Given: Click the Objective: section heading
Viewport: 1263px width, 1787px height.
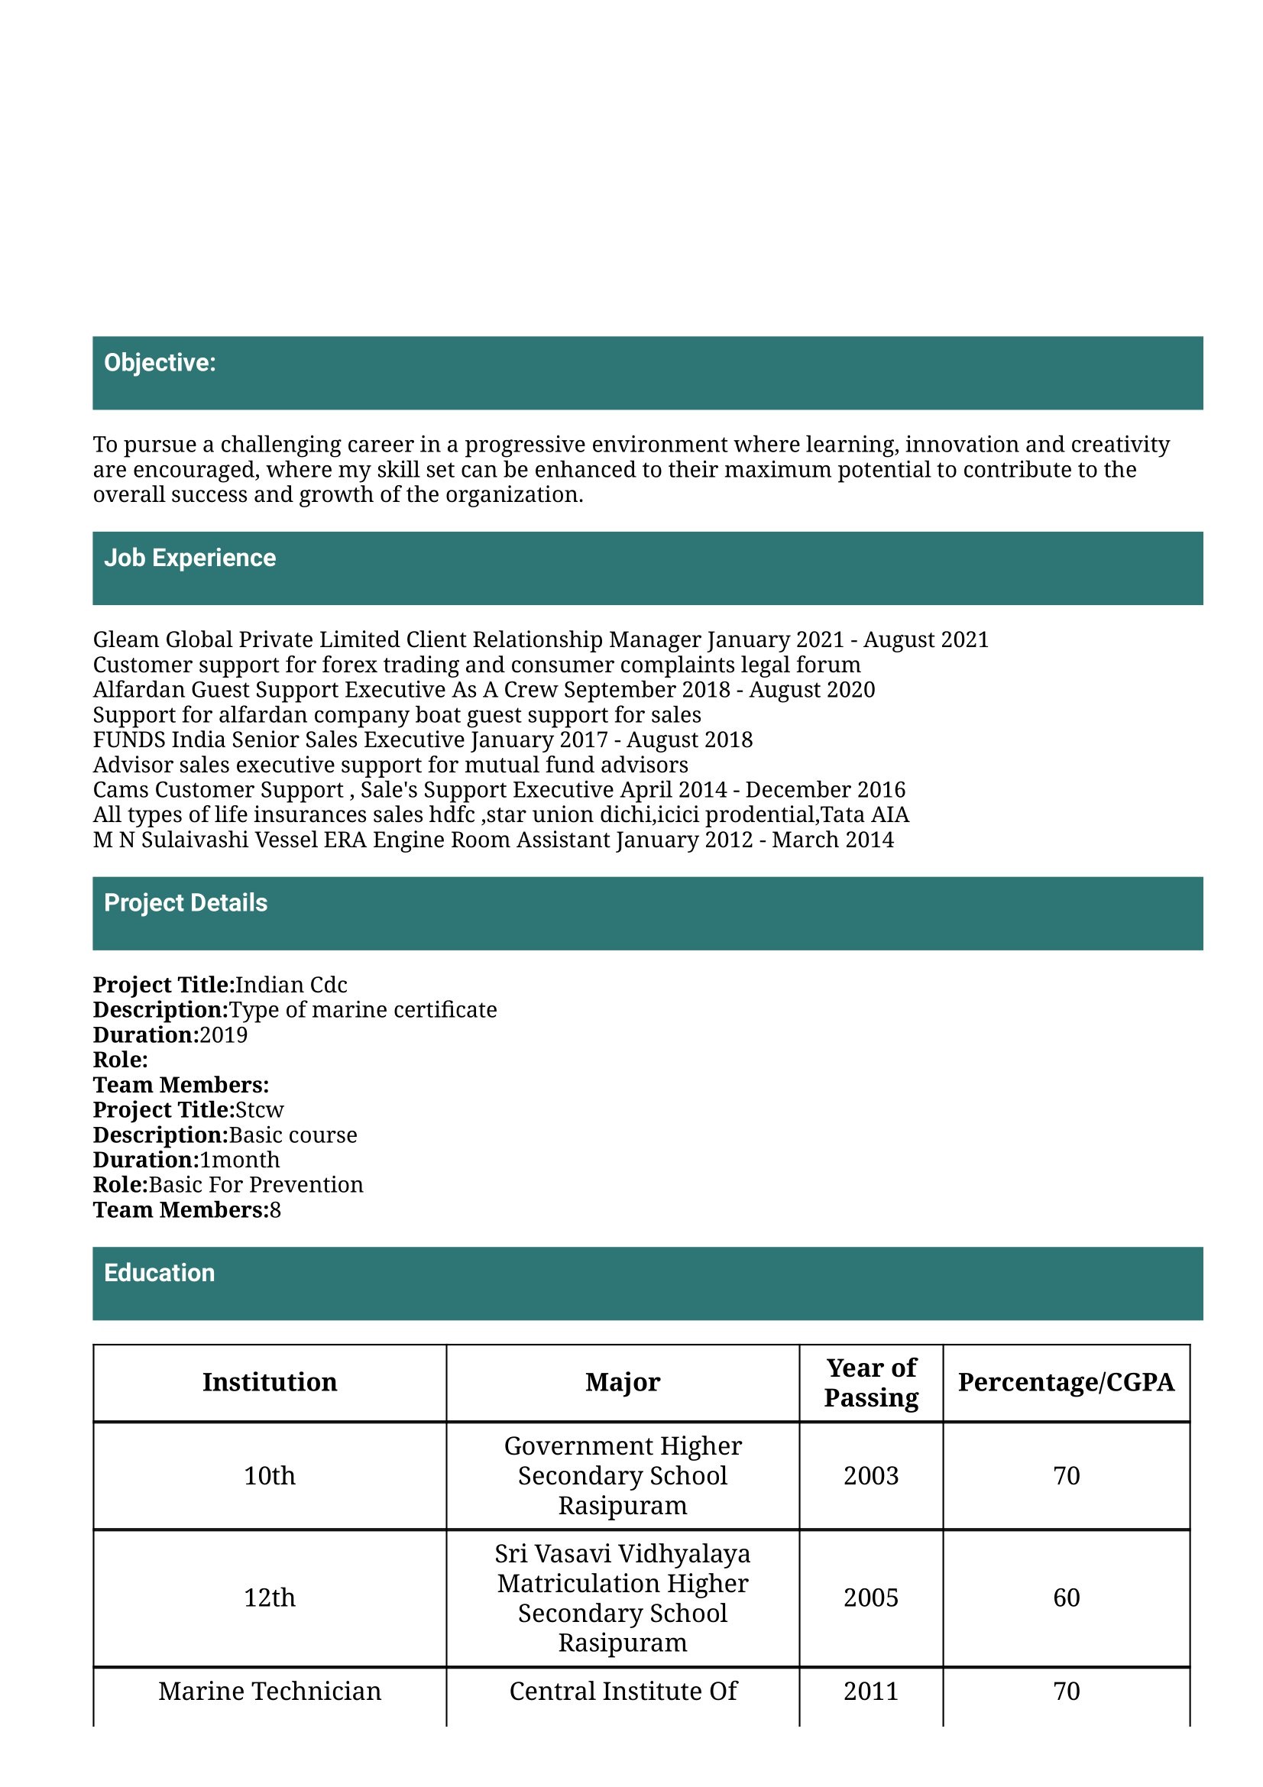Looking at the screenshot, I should (x=160, y=363).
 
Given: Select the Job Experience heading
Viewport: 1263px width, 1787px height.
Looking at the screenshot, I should (x=190, y=558).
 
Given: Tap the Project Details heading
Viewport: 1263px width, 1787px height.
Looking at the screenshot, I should (x=185, y=903).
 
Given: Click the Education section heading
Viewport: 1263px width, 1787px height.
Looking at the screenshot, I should (x=160, y=1273).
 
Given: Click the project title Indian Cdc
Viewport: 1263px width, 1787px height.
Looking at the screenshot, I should (x=291, y=986).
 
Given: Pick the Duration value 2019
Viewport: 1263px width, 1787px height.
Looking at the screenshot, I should (x=223, y=1035).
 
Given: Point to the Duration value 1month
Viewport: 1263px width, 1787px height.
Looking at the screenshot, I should (x=240, y=1160).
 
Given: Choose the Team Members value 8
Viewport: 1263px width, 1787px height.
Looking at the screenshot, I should (x=276, y=1210).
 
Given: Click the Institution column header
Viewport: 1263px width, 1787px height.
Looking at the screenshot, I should (x=269, y=1382).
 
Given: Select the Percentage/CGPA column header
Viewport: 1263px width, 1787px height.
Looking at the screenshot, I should (x=1065, y=1382).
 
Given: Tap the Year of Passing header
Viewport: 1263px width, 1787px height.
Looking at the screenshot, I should (x=871, y=1382).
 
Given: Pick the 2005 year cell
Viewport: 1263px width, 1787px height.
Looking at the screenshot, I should (x=871, y=1598).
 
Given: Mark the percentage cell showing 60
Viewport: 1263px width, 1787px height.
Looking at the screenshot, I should (x=1066, y=1598).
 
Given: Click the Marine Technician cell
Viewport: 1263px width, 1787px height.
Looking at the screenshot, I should (x=269, y=1691).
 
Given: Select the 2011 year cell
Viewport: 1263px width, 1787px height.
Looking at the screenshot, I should (x=871, y=1691).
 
